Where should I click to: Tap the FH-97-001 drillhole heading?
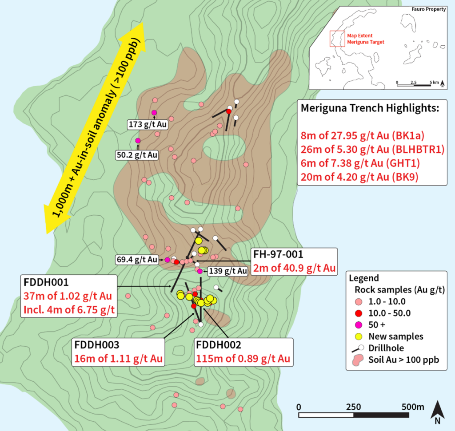[279, 255]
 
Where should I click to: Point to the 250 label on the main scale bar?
[353, 407]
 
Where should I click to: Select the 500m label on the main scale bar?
[411, 407]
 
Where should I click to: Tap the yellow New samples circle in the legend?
[358, 336]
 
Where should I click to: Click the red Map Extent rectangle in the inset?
[337, 39]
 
